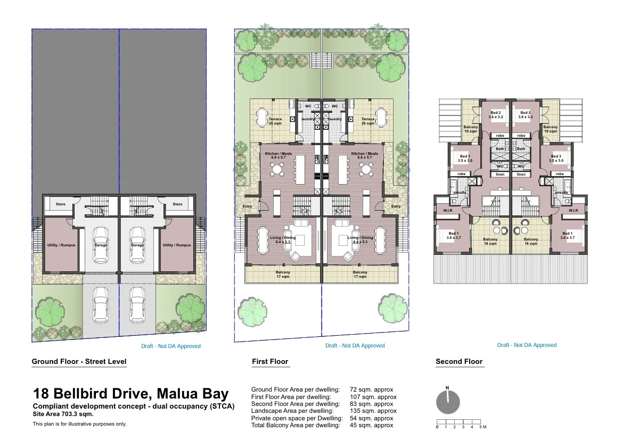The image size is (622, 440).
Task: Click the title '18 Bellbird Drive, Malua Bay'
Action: point(131,394)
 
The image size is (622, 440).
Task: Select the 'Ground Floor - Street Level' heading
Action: point(79,362)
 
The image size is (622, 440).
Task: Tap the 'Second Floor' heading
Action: point(459,362)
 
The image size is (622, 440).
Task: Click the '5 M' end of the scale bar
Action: point(482,427)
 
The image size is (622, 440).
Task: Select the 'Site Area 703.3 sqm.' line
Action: point(63,413)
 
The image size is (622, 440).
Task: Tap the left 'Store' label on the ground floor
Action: point(61,204)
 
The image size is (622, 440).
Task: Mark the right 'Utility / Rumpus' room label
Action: point(176,245)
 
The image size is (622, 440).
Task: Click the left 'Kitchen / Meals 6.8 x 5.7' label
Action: point(279,156)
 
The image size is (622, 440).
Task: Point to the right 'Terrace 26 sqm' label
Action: point(368,121)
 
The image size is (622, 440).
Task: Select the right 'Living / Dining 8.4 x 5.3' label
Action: point(360,240)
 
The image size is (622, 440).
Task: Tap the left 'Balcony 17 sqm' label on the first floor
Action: point(283,275)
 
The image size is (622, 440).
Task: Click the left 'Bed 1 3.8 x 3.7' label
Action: point(453,236)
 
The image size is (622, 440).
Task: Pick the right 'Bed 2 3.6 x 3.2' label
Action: point(526,115)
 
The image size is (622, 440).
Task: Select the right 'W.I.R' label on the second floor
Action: point(573,211)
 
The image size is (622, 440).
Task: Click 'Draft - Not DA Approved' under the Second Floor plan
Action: point(527,345)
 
